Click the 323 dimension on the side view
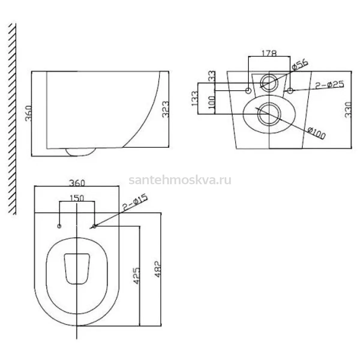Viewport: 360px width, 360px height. click(166, 109)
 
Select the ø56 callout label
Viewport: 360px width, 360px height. click(299, 65)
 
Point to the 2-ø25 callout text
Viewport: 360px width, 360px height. click(329, 85)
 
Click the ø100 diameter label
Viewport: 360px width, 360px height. click(317, 133)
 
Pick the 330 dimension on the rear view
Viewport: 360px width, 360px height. click(348, 110)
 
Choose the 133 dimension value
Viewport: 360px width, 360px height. click(195, 98)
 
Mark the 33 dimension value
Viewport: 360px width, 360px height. click(212, 76)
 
